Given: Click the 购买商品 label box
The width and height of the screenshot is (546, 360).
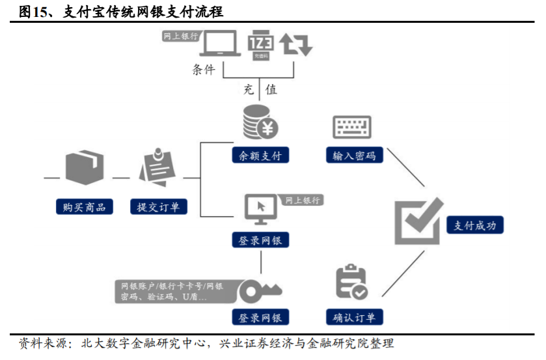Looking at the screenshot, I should click(x=84, y=207).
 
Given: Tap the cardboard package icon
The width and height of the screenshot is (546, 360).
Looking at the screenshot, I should click(x=84, y=168).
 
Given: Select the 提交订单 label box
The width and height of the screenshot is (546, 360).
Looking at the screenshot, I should click(x=158, y=207).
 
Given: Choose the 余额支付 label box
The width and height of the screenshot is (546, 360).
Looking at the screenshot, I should click(x=260, y=156).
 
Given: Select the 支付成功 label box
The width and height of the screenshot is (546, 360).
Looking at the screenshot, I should click(x=475, y=225).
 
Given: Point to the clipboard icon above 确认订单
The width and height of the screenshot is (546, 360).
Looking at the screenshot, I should click(x=351, y=283).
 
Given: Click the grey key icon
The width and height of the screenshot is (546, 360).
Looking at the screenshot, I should click(x=258, y=290).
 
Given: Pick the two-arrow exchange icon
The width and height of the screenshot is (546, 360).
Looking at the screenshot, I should click(x=296, y=44).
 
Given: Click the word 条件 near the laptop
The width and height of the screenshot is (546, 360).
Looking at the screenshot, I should click(x=203, y=70).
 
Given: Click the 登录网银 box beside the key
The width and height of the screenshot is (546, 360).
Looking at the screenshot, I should click(x=260, y=317).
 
